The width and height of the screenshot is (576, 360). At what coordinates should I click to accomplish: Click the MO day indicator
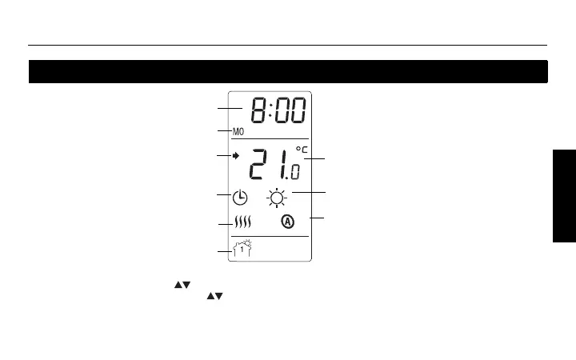[238, 131]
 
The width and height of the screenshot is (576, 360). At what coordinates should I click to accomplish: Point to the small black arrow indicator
[236, 156]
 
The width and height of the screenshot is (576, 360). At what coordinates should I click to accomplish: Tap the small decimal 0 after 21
[295, 172]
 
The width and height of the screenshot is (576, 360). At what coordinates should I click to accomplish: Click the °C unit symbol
[301, 150]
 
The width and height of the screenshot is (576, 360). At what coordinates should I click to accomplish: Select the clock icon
[240, 198]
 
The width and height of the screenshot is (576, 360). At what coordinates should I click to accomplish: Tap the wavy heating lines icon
[243, 223]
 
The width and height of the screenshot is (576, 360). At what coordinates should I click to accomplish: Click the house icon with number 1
[242, 249]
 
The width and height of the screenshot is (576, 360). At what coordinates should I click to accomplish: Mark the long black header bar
[288, 71]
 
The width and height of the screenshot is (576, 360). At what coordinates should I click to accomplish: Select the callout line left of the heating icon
[225, 226]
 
